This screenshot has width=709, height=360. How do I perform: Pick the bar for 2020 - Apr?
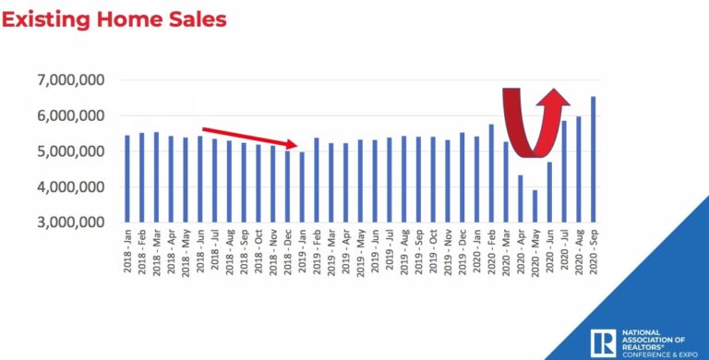[520, 198]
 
